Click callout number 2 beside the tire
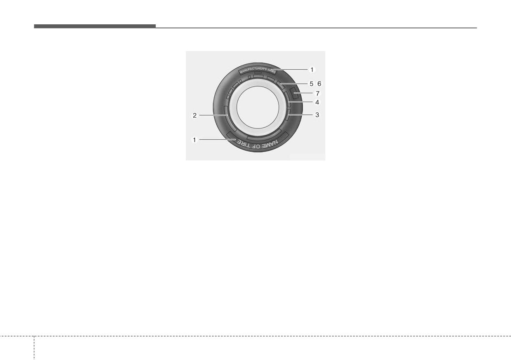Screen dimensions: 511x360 (x=195, y=116)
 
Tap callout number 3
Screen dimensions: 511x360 (x=317, y=115)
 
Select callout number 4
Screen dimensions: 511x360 (x=317, y=103)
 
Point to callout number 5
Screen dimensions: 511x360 (x=312, y=84)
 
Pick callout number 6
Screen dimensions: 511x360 (x=319, y=84)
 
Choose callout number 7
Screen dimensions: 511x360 (x=318, y=94)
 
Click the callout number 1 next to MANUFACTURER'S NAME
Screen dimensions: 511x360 (x=312, y=70)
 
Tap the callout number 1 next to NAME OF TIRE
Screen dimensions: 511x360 (x=195, y=140)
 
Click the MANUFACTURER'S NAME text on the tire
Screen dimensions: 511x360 (x=258, y=71)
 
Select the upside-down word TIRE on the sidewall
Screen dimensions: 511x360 (x=244, y=143)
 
